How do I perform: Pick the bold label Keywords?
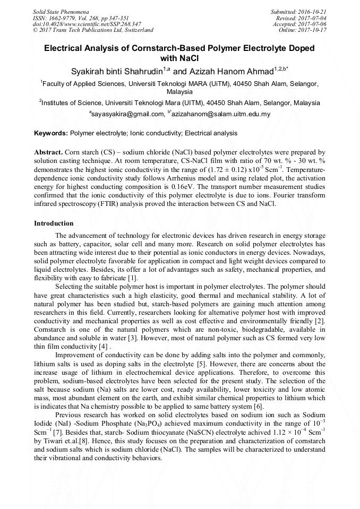[51, 133]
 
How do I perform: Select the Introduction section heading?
[54, 223]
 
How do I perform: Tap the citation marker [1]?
[133, 278]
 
